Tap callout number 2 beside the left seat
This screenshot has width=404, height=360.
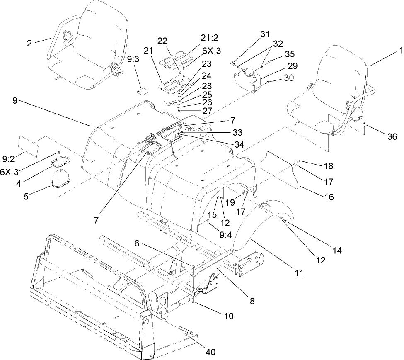pos(29,43)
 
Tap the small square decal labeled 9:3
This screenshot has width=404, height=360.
pos(143,90)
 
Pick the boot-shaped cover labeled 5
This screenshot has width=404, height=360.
pos(61,178)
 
